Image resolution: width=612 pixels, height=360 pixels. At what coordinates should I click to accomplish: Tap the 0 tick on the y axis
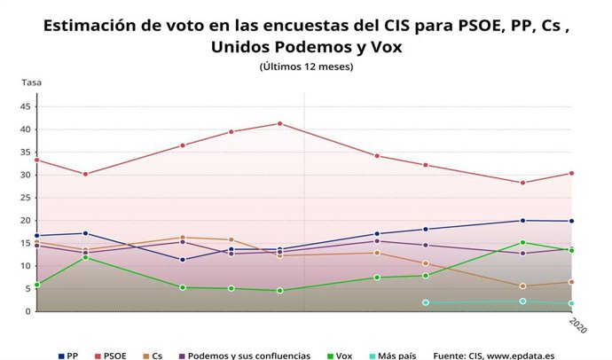(x=28, y=311)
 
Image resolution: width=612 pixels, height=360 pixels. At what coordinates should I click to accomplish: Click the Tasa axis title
(x=31, y=82)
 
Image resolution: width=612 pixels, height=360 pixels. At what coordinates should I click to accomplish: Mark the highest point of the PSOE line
(x=280, y=123)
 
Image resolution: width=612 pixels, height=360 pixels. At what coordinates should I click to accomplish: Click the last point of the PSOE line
(x=572, y=173)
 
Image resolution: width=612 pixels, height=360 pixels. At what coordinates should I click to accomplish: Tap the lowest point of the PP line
(x=183, y=260)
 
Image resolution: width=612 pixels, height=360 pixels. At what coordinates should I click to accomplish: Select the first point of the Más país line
(x=426, y=302)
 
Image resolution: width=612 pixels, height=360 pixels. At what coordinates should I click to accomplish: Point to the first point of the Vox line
(x=36, y=285)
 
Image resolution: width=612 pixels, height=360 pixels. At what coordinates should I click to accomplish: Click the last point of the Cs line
(x=572, y=282)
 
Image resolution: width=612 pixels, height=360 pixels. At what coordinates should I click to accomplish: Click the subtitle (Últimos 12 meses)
(x=306, y=67)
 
